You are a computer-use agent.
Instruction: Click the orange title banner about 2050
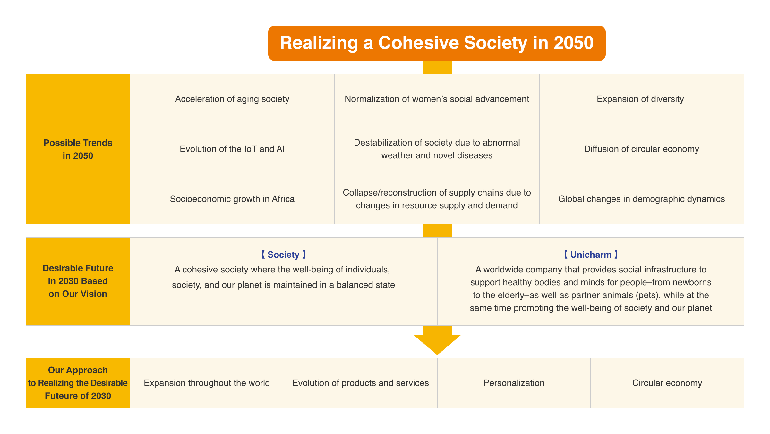437,43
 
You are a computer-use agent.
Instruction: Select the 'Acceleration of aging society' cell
232,99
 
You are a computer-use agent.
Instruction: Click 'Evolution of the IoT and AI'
232,149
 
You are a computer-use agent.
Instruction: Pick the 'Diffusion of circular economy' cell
641,149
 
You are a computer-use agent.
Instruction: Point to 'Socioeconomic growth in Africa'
232,199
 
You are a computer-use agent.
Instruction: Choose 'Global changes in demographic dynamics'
641,199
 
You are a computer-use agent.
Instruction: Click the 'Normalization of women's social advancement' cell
437,99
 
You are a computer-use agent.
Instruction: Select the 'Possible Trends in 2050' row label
78,149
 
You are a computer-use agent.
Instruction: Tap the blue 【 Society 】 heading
283,255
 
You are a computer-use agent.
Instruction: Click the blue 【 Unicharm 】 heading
591,255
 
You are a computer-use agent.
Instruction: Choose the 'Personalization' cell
514,383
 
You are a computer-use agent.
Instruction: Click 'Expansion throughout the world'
207,383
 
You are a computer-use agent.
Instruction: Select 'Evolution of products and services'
360,383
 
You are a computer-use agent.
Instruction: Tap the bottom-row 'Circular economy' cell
667,383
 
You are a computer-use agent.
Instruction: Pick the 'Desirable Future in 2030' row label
78,281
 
